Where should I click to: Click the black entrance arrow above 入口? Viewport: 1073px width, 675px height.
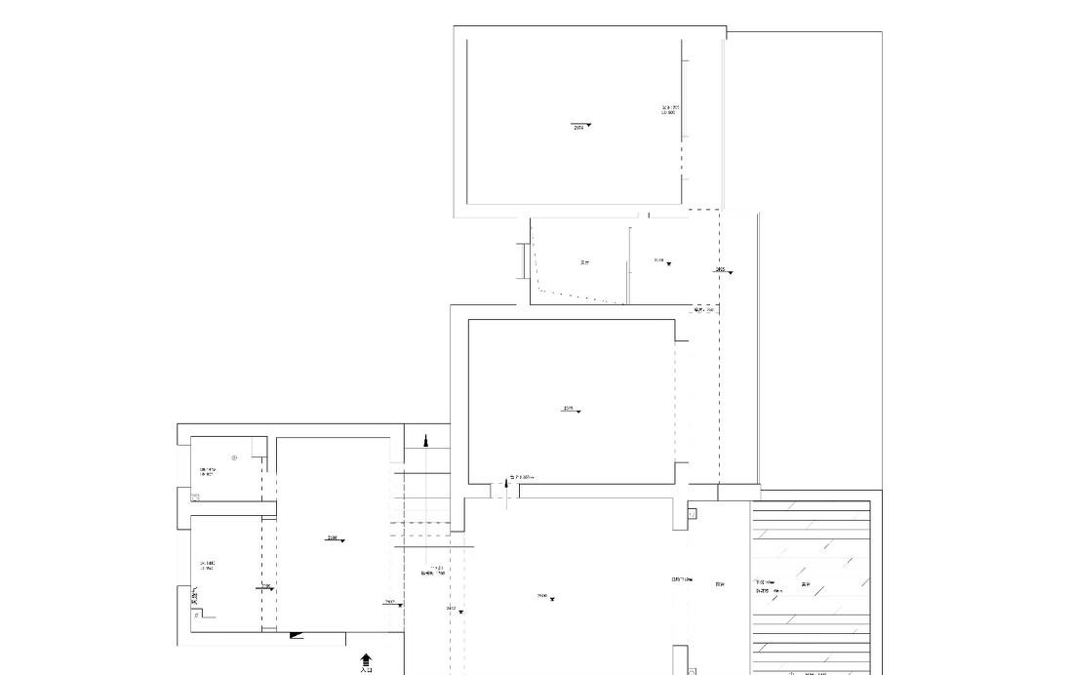[366, 659]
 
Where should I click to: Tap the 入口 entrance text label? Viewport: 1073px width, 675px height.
[366, 670]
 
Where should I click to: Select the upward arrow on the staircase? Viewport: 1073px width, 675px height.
[425, 441]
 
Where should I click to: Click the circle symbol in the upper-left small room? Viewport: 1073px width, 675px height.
[234, 457]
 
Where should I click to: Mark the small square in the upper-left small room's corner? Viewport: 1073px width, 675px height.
[196, 496]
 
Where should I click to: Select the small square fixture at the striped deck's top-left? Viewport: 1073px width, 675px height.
[693, 514]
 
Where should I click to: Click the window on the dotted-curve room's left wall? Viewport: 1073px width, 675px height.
[524, 260]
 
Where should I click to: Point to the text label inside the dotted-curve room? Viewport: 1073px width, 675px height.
[584, 262]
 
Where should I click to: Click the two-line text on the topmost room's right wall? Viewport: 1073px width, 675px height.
[669, 110]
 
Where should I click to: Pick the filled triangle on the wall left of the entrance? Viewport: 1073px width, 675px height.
[297, 636]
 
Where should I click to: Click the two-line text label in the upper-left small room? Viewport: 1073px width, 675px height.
[207, 472]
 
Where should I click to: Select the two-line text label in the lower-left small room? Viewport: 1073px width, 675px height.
[207, 565]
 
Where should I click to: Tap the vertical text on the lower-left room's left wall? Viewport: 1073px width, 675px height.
[194, 594]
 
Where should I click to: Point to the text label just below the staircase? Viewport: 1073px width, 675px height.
[433, 571]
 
